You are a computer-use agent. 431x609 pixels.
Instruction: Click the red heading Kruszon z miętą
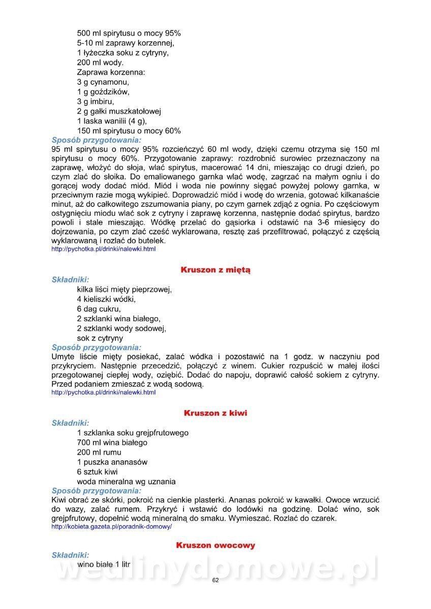(x=216, y=270)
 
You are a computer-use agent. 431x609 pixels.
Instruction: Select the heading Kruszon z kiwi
(x=216, y=413)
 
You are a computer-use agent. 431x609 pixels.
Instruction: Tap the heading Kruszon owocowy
(x=216, y=545)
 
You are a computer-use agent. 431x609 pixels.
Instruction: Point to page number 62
(x=216, y=581)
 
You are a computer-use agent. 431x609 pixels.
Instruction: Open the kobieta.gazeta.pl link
(x=112, y=527)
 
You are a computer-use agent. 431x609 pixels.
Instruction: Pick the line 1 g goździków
(x=103, y=92)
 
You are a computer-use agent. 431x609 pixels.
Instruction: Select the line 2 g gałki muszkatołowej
(x=119, y=111)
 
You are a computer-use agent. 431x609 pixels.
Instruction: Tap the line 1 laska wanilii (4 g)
(x=112, y=121)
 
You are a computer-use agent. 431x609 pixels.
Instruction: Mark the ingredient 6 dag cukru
(x=99, y=309)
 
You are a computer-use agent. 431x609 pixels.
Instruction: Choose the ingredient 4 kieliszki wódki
(x=106, y=299)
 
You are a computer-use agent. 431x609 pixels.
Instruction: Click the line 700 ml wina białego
(x=112, y=443)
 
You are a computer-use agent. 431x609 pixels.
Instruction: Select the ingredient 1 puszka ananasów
(x=112, y=462)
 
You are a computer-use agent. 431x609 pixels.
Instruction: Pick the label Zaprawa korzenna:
(x=111, y=73)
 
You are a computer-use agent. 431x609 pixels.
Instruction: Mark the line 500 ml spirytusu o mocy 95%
(x=129, y=33)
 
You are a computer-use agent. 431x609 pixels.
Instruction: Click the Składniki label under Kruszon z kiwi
(x=71, y=423)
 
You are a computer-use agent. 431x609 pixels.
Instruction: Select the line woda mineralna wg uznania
(x=127, y=481)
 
